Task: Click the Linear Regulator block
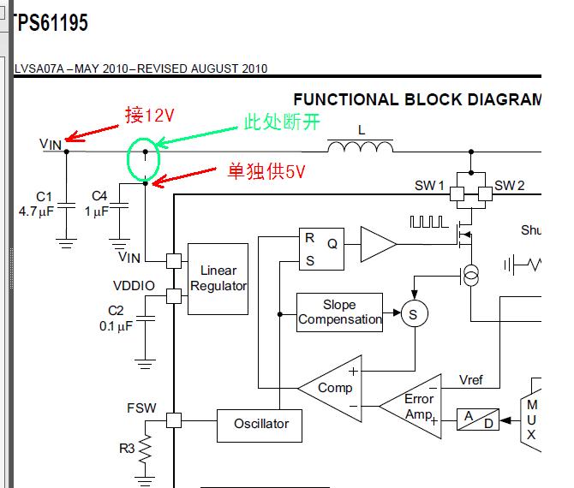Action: click(x=218, y=279)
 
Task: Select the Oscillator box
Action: click(x=260, y=426)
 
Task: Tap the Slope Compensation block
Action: click(x=339, y=312)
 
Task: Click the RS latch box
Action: click(x=321, y=249)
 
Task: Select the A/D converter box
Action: click(x=478, y=420)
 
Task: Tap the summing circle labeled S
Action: click(x=415, y=313)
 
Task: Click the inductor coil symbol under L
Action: click(x=360, y=146)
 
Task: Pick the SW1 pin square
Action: click(x=457, y=193)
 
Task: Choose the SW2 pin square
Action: click(x=485, y=193)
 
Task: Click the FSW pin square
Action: click(x=174, y=420)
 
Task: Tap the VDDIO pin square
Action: click(x=174, y=296)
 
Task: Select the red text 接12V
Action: click(x=149, y=116)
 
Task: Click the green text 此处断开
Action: click(x=282, y=122)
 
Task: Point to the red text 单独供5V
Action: click(x=266, y=171)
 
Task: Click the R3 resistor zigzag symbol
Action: click(x=145, y=448)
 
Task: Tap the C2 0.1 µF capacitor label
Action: click(x=116, y=318)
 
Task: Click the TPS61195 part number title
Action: click(x=51, y=22)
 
